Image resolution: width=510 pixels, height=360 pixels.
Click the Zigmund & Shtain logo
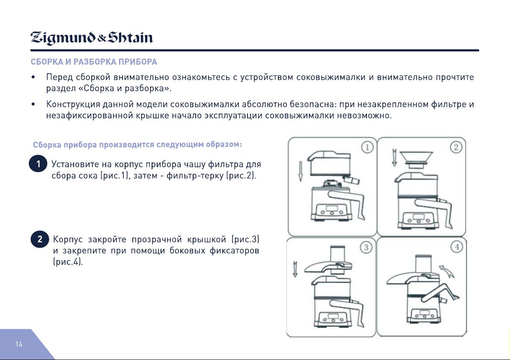[91, 38]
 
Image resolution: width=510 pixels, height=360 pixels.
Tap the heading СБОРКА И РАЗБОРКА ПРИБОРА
[94, 62]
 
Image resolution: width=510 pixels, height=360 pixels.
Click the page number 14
[19, 344]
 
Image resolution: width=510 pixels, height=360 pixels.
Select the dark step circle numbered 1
[38, 163]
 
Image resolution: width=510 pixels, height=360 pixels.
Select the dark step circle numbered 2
[40, 240]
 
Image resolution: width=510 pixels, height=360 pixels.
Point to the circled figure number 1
[367, 147]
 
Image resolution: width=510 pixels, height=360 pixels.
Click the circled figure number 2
[456, 147]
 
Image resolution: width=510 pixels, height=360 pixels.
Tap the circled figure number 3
[366, 248]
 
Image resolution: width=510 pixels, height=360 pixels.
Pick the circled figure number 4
[456, 247]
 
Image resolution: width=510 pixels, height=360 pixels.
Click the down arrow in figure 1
[301, 171]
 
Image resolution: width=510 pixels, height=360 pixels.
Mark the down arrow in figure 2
[394, 158]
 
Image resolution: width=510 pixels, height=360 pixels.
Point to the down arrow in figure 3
[295, 269]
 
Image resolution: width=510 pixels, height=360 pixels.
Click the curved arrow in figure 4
[447, 271]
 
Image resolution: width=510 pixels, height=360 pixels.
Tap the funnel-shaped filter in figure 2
[416, 159]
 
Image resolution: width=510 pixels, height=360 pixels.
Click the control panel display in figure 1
[332, 209]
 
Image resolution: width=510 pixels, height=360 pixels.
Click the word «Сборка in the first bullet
[95, 88]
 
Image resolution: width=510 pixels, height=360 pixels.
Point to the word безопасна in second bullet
[313, 104]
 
